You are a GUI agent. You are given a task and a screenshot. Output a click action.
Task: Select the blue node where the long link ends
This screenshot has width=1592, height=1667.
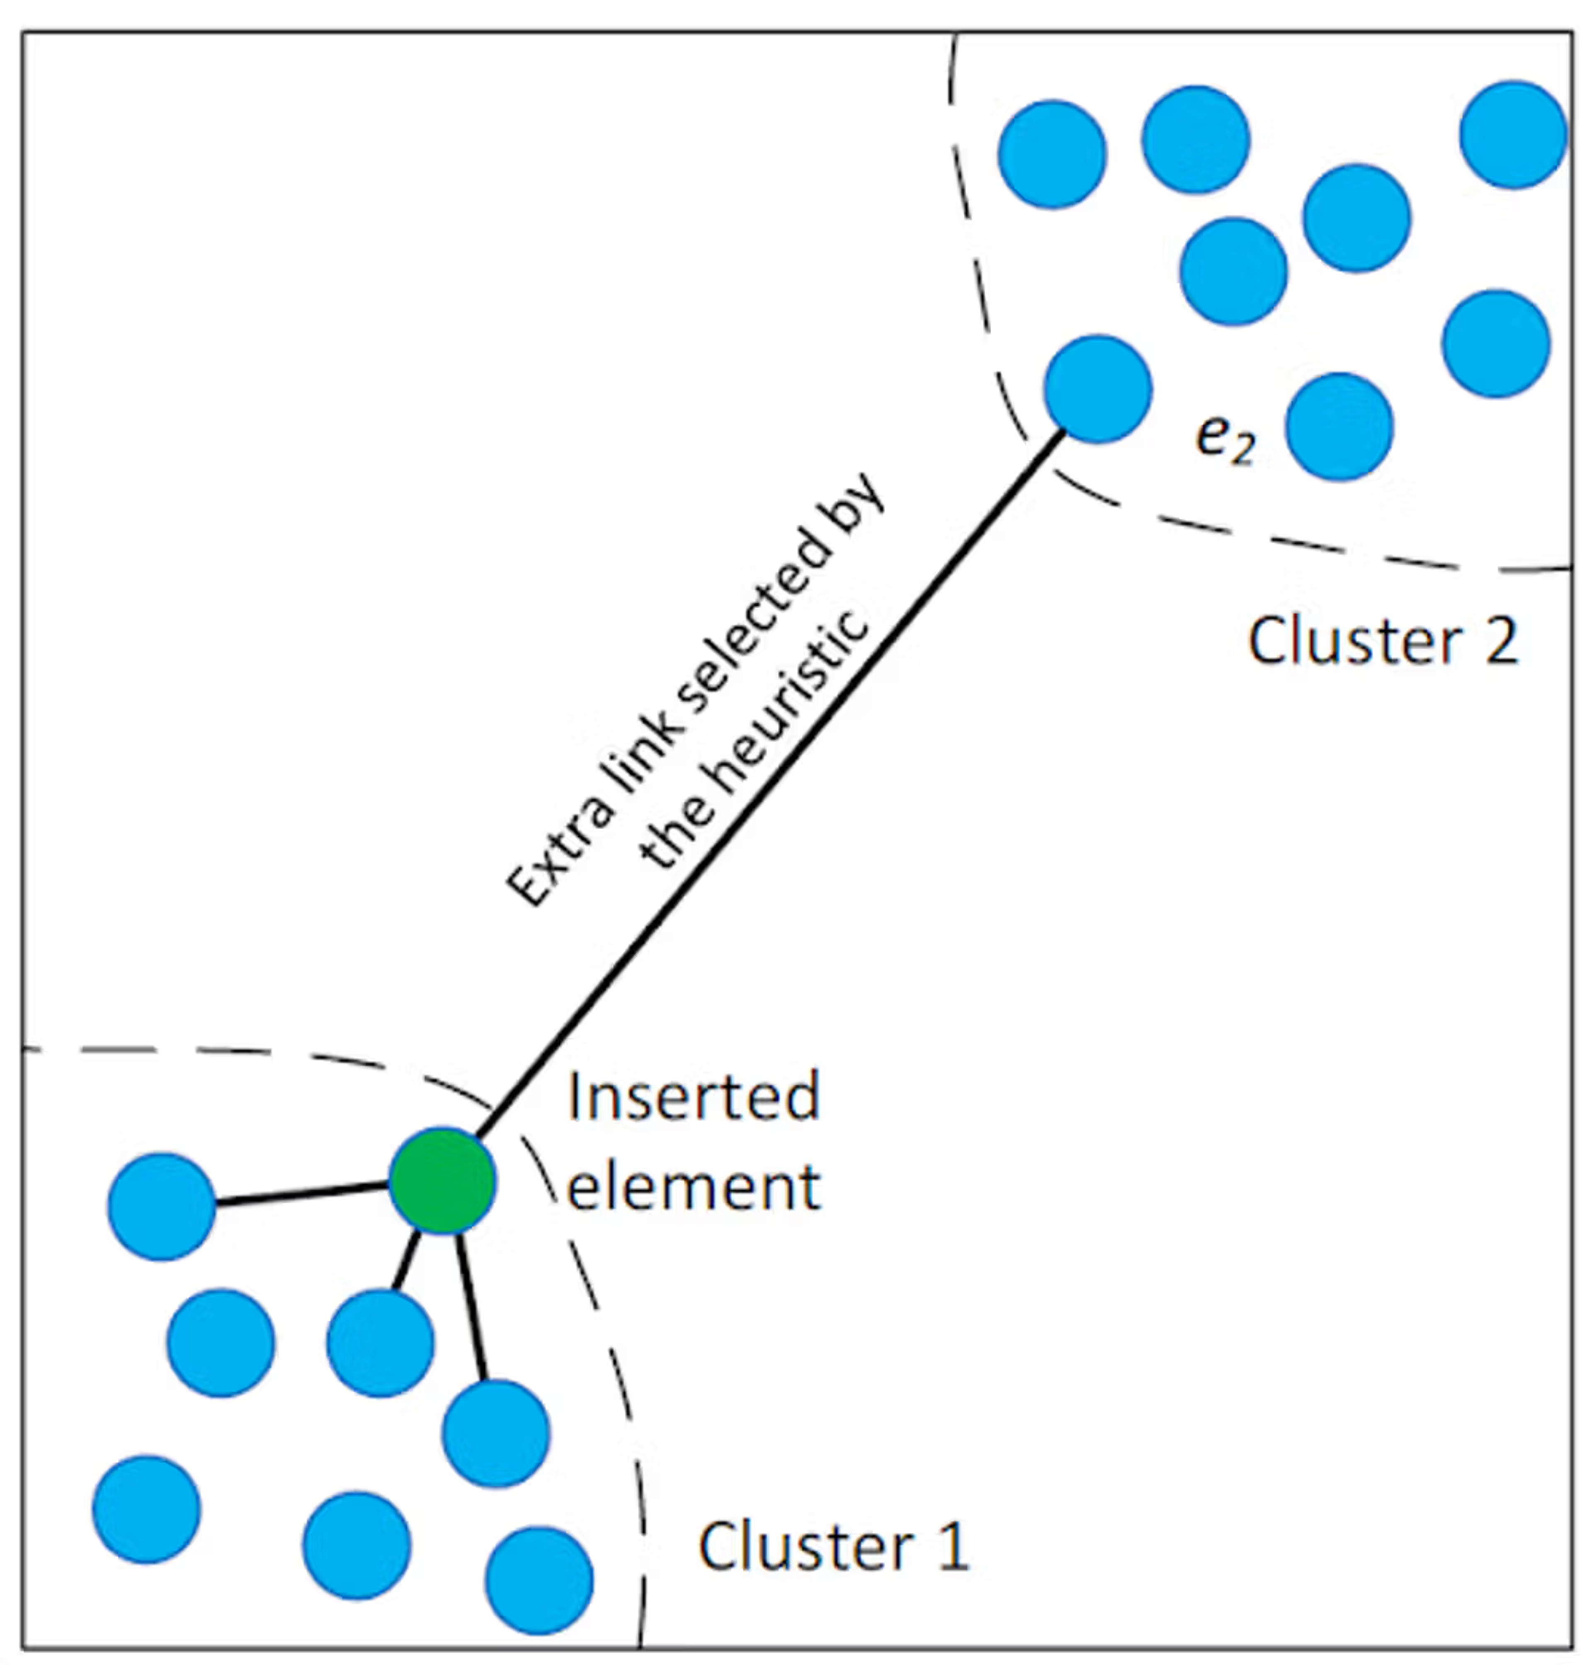(x=1097, y=389)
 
